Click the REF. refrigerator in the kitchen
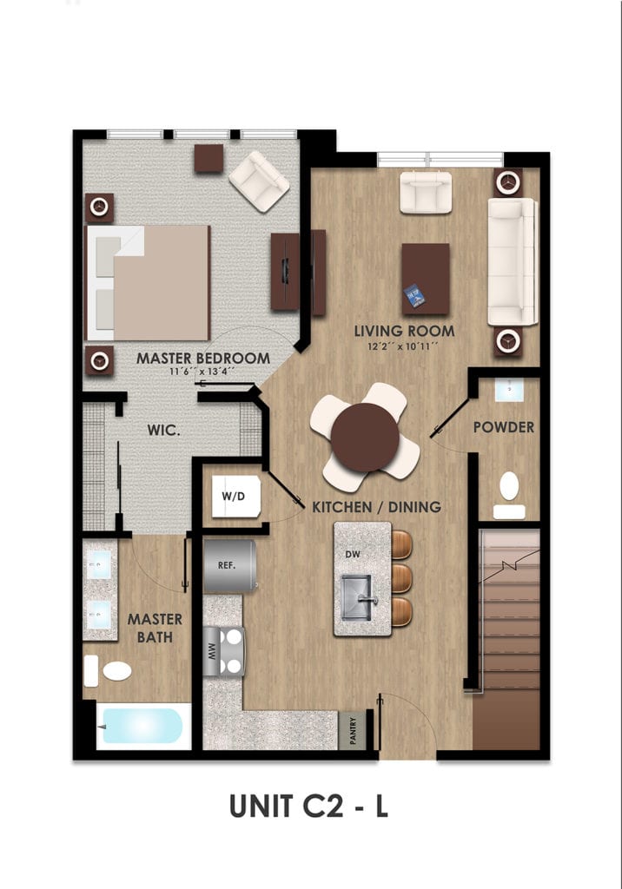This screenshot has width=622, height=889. click(x=230, y=566)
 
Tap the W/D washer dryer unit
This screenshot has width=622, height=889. click(x=236, y=497)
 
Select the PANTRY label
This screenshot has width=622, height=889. click(x=353, y=731)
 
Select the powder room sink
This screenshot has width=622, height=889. click(x=510, y=390)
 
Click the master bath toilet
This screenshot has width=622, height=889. click(x=108, y=671)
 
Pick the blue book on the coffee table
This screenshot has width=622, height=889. click(x=415, y=296)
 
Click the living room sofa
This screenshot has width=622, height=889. click(x=513, y=261)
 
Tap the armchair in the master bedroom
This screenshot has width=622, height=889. click(x=260, y=181)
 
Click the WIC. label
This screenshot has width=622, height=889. click(x=164, y=431)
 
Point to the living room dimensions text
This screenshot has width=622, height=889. click(x=403, y=346)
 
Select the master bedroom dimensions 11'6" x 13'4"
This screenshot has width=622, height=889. click(x=202, y=372)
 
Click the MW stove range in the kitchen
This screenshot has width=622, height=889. click(x=224, y=651)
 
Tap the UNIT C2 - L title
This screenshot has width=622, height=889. click(x=308, y=807)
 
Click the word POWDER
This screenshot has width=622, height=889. click(x=504, y=427)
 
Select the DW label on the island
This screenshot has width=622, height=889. click(x=353, y=555)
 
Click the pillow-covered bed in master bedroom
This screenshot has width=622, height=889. click(x=148, y=283)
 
